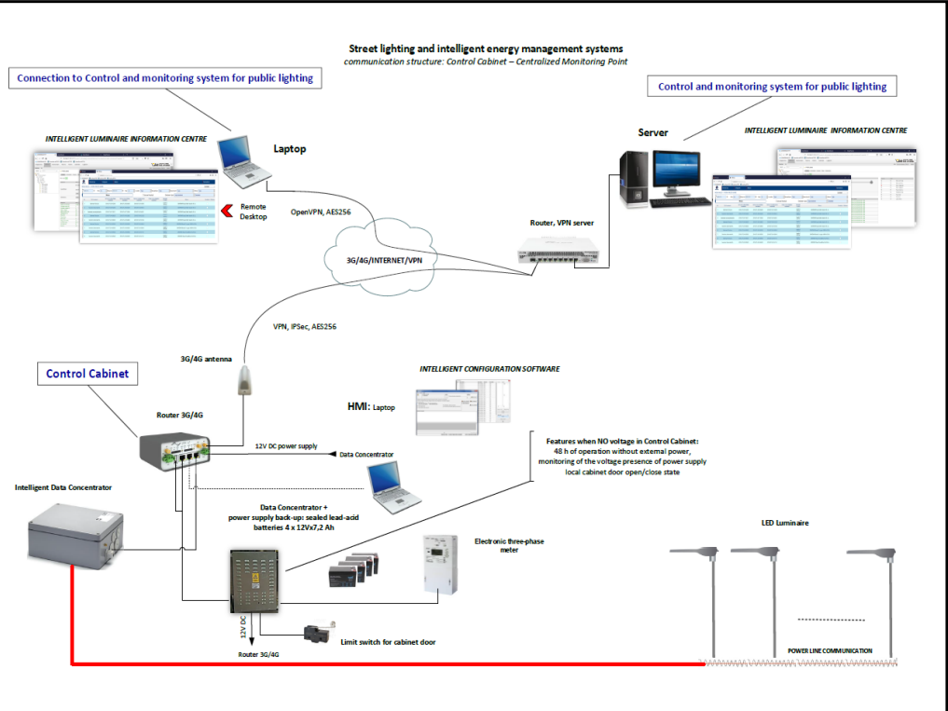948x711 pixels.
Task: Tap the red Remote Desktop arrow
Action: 224,212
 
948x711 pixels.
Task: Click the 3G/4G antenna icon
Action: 246,379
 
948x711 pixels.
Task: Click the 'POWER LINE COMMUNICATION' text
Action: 830,650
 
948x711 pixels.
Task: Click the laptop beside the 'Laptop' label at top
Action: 244,156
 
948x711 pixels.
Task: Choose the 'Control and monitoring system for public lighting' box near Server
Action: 772,87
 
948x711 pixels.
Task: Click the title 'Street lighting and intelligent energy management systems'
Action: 486,48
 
